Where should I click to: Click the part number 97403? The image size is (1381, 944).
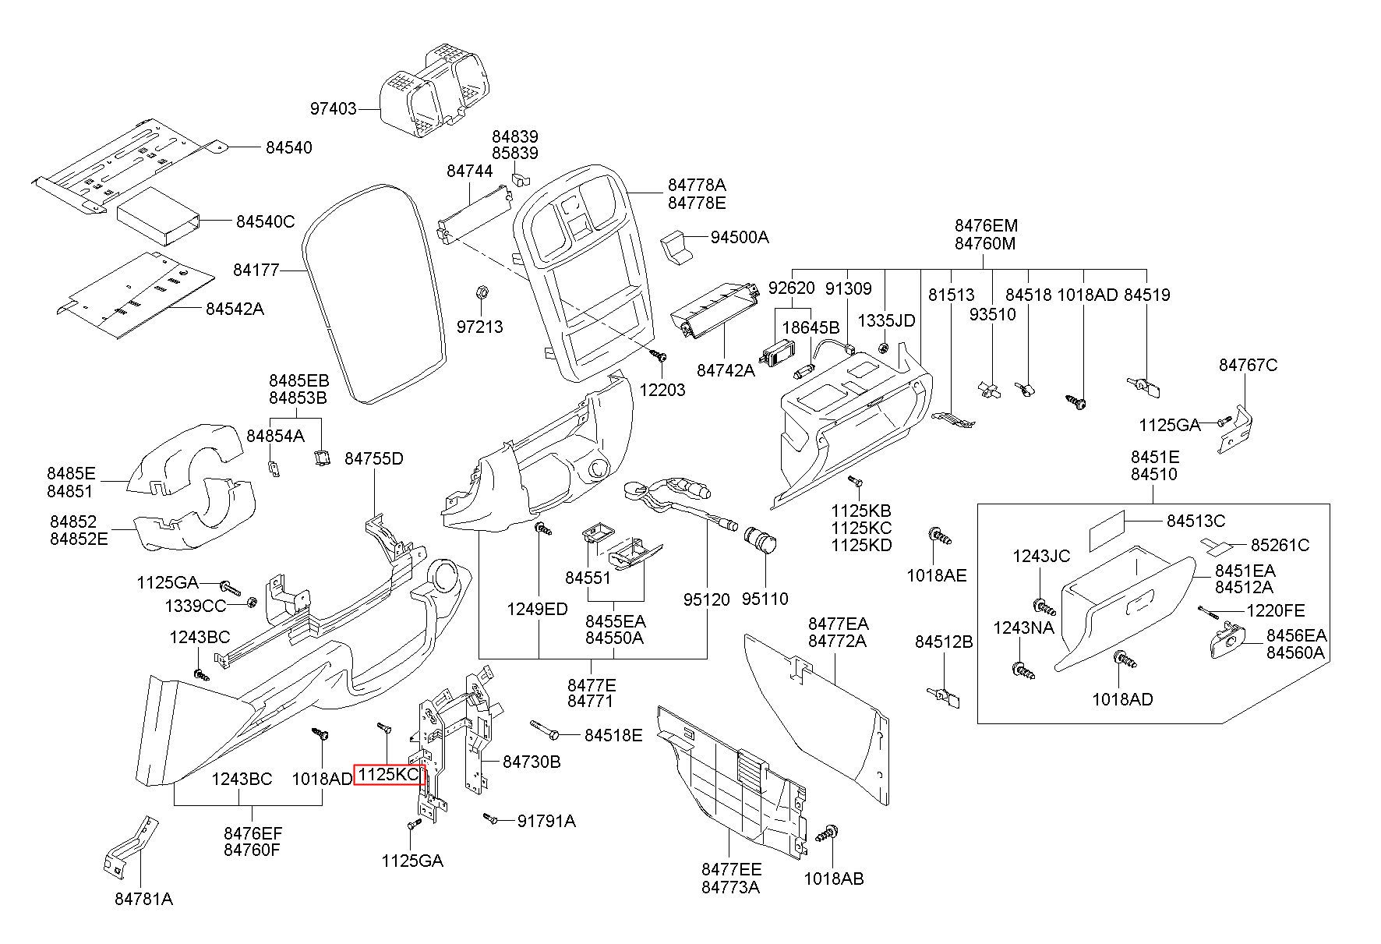coord(333,109)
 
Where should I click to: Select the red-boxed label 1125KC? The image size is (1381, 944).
coord(390,775)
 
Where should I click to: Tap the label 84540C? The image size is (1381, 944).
coord(265,222)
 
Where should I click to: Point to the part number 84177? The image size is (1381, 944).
coord(256,270)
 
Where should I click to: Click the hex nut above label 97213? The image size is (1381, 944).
coord(482,292)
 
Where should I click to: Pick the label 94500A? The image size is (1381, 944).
coord(739,237)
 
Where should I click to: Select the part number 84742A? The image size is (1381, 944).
coord(726,370)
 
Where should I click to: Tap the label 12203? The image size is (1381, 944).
coord(662,390)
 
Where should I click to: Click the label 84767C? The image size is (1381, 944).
coord(1249,365)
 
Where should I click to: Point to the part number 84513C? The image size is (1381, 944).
coord(1196,521)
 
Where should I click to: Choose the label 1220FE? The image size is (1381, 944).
coord(1275,610)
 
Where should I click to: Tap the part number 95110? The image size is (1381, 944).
coord(765,599)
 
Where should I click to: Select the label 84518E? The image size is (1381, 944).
coord(613,735)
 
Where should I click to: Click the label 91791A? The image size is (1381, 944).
coord(546,820)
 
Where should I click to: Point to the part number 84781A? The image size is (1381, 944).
coord(143,899)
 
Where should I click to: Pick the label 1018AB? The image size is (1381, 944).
coord(834,879)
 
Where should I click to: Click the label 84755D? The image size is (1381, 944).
coord(374,458)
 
